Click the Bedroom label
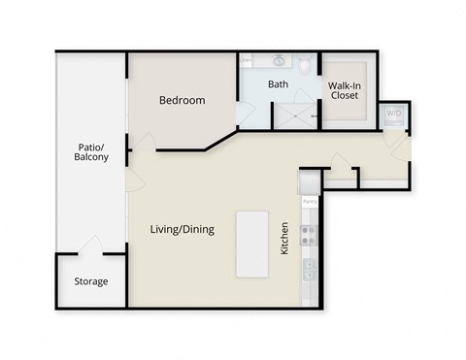pos(182,100)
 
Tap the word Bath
pos(279,84)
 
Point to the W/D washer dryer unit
pos(394,115)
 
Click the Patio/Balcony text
pos(92,151)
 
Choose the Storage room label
pos(91,281)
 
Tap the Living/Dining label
pos(182,230)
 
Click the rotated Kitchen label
pos(284,238)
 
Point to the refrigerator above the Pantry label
pos(310,182)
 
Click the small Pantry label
pos(310,201)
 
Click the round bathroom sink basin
pos(278,60)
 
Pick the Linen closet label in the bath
pos(246,59)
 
